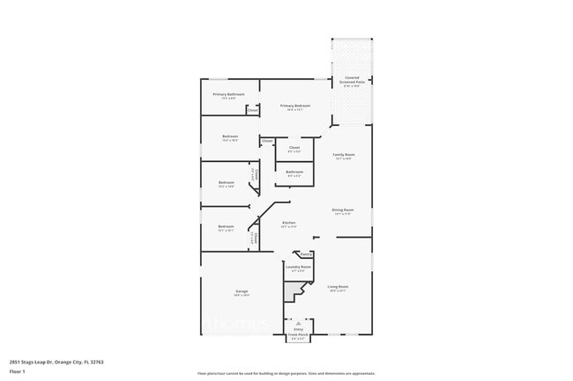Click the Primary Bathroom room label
coord(228,94)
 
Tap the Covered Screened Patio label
coord(352,79)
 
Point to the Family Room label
coord(343,155)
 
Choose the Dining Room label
coord(343,210)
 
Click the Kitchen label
coord(288,223)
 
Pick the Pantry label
coord(306,254)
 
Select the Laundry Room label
coord(298,267)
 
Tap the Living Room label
coord(339,287)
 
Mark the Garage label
coord(242,291)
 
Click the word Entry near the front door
coord(298,329)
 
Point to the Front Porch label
coord(298,335)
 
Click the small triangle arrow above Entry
coord(298,323)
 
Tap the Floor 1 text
coord(17,371)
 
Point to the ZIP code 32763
coord(97,361)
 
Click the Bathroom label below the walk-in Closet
coord(294,172)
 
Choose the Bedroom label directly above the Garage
coord(227,227)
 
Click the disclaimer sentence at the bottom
coord(286,374)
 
